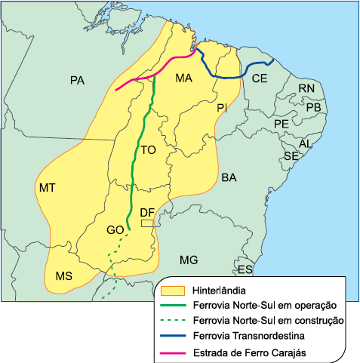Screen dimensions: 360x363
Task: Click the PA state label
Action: (76, 80)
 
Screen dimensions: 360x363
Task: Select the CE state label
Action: (260, 78)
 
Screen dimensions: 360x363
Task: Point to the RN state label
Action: (306, 89)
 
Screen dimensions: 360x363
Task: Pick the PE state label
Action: (281, 123)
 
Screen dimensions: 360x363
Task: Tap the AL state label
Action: (306, 143)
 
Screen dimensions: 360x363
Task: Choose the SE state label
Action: (291, 155)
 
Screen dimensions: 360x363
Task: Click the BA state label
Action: (229, 177)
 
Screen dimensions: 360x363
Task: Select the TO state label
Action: (148, 151)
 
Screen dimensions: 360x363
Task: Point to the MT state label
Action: (47, 186)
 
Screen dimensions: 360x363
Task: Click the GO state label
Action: (115, 229)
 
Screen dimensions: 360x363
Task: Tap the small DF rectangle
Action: (147, 223)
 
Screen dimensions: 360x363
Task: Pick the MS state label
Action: (63, 277)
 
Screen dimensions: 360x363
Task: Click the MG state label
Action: (189, 260)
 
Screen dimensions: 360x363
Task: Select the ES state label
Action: (245, 269)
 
